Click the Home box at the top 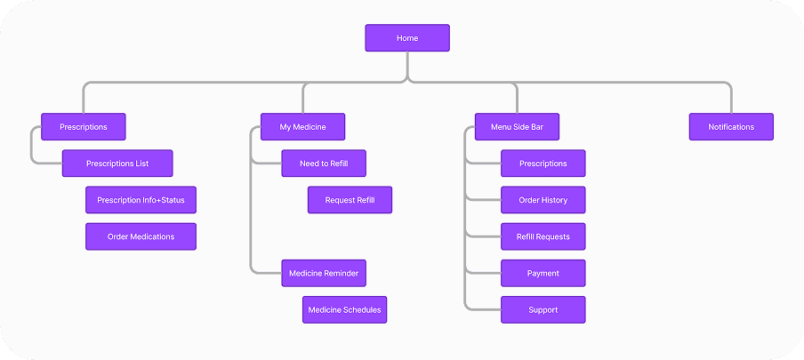point(407,38)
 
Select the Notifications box point(731,126)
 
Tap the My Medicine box point(302,126)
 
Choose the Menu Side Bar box point(517,126)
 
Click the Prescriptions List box point(117,164)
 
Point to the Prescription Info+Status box point(141,200)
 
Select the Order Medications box point(141,236)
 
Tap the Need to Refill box point(324,164)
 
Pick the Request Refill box point(350,200)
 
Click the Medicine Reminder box point(324,274)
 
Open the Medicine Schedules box point(344,309)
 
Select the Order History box point(543,200)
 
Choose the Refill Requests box point(543,236)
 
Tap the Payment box point(543,274)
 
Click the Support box point(543,309)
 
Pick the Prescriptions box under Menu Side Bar point(543,164)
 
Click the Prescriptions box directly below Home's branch point(83,126)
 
